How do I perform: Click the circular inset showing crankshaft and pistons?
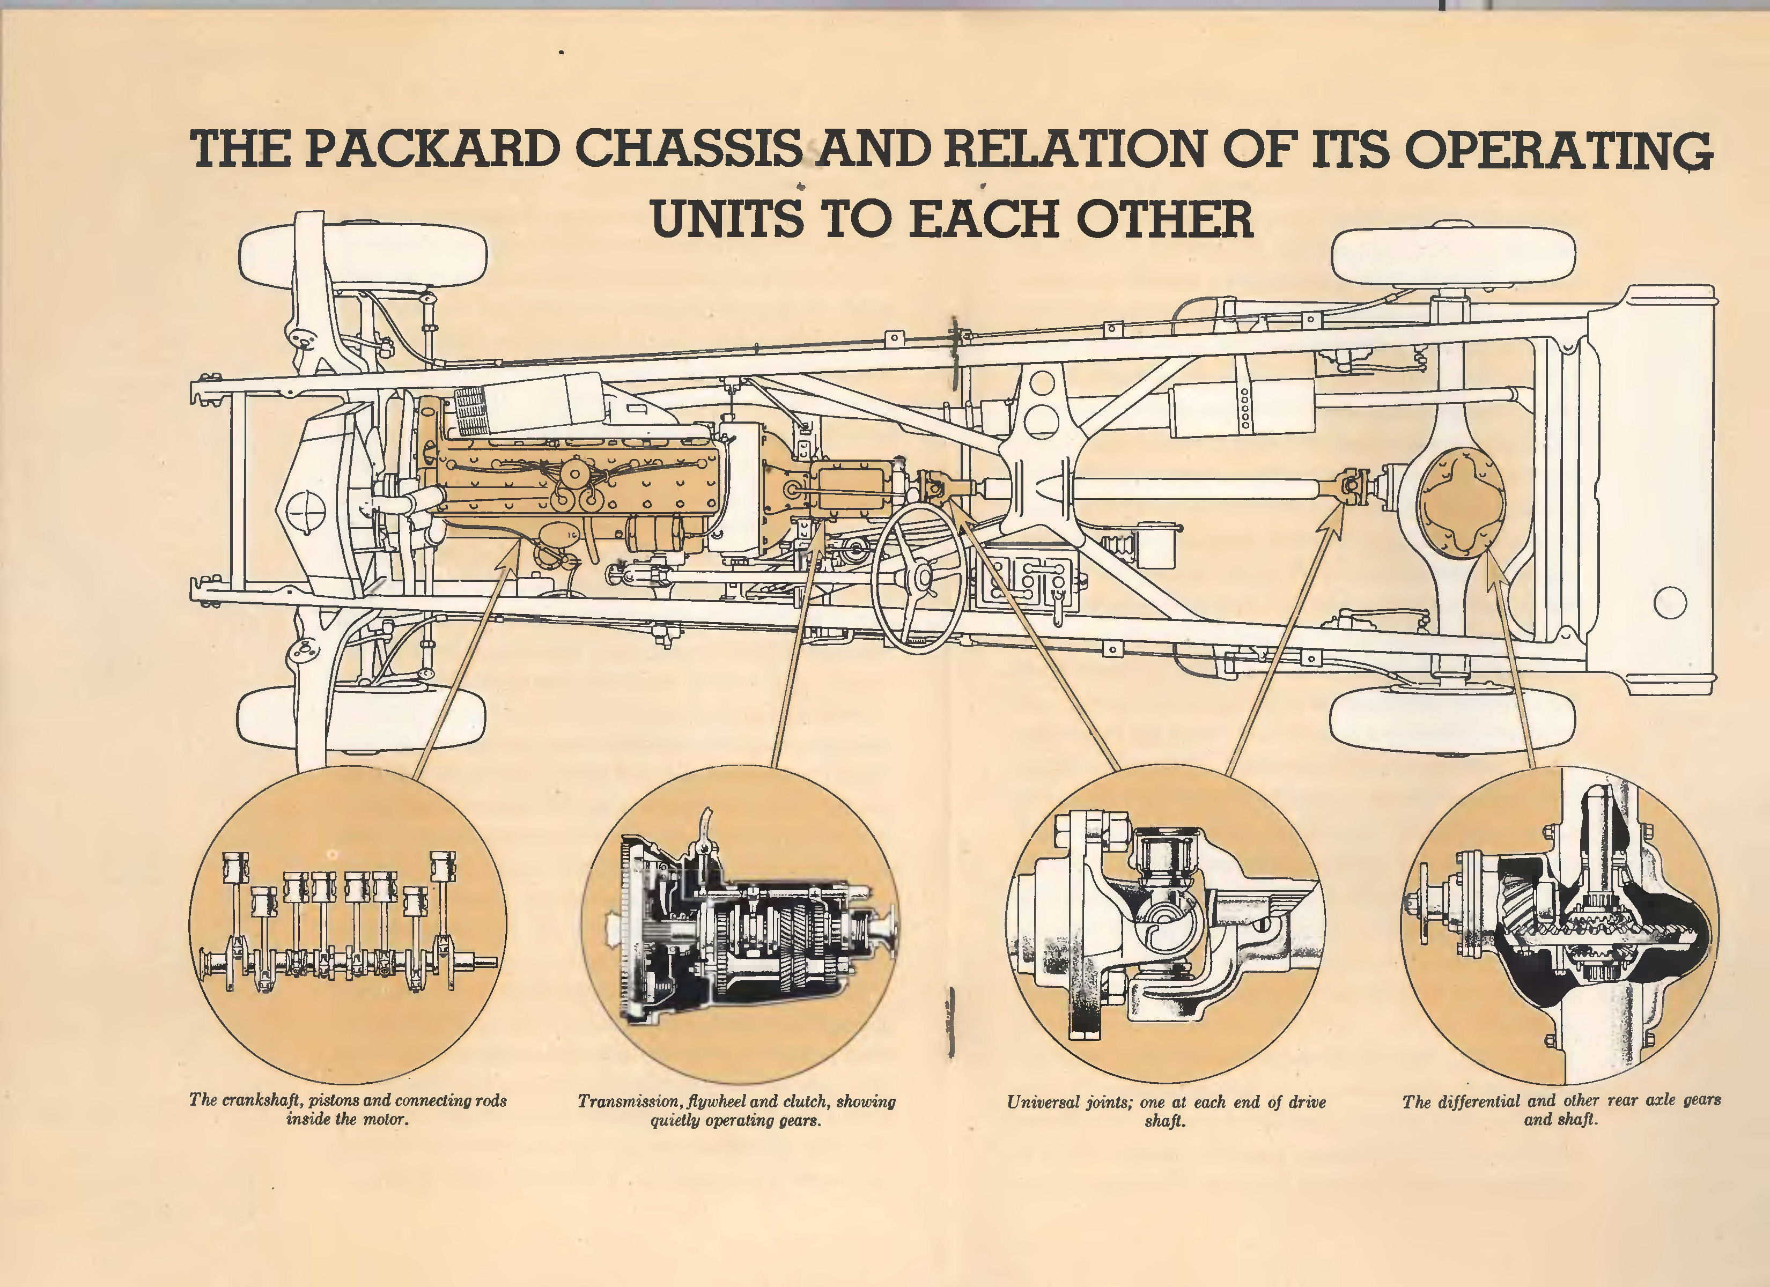347,925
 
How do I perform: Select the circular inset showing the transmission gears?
740,925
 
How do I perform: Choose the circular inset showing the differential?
1560,925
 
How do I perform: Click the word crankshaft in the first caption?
261,1100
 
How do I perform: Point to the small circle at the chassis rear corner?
1669,602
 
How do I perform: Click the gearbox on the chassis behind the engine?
847,488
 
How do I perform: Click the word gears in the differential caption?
1702,1100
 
